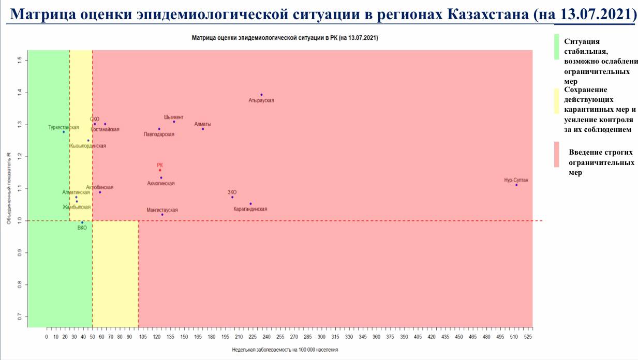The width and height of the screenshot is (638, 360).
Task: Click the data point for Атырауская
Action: (x=261, y=95)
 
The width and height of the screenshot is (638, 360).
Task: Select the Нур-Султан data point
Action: (x=516, y=185)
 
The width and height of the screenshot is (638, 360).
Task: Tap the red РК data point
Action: (x=160, y=170)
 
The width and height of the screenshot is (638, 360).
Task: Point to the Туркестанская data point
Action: (x=64, y=132)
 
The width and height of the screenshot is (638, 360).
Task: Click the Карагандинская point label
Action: (x=250, y=209)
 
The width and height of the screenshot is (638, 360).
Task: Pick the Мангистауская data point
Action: (x=162, y=215)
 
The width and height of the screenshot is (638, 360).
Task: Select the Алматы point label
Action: (x=203, y=124)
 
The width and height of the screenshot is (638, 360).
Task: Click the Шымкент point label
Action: (x=173, y=117)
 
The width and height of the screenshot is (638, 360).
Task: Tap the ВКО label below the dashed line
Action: (x=82, y=228)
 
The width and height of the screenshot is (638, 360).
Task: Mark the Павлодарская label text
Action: (x=159, y=134)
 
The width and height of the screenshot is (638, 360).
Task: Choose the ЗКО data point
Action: (x=232, y=197)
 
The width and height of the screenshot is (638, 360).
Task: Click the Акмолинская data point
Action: (x=161, y=177)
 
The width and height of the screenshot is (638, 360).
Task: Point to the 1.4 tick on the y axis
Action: (x=20, y=93)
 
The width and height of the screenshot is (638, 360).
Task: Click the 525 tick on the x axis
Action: (x=528, y=337)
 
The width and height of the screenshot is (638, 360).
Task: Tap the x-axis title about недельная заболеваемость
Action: (x=285, y=350)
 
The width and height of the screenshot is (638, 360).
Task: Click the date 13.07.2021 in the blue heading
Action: (x=595, y=14)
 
